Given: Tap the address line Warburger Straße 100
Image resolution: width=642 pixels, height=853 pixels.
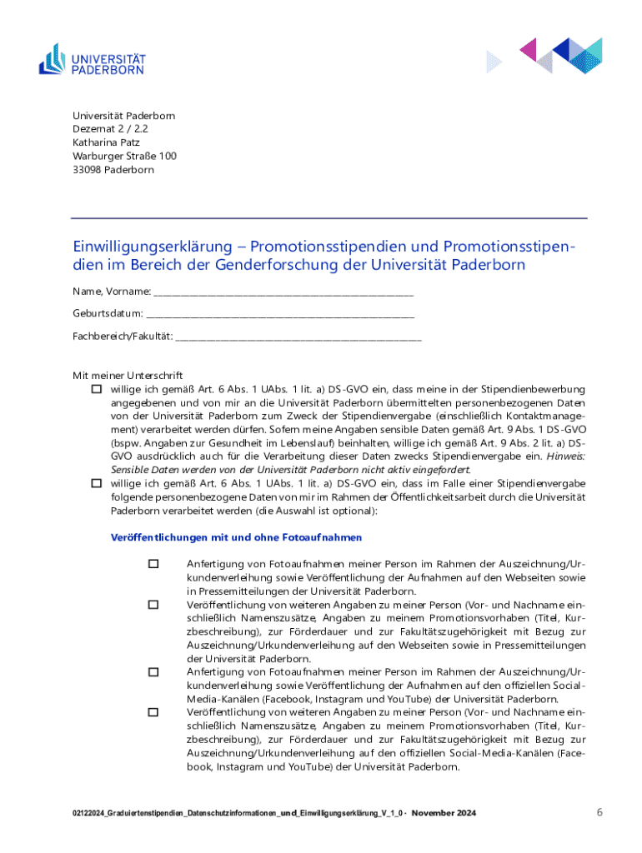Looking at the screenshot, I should click(x=124, y=156).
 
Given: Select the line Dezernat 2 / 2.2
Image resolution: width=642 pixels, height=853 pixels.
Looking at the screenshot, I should click(x=104, y=129).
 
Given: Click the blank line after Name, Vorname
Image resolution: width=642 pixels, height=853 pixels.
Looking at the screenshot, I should click(x=283, y=292).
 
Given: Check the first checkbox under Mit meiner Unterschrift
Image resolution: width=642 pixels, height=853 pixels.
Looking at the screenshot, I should click(x=97, y=389).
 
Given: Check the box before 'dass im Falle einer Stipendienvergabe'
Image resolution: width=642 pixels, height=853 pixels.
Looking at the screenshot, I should click(x=97, y=483).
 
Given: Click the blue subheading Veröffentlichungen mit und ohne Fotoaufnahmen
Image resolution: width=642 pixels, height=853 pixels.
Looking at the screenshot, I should click(x=236, y=538).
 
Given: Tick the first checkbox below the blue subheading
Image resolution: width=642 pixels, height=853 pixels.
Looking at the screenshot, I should click(x=153, y=564).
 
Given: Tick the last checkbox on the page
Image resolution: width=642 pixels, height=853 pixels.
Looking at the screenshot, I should click(x=153, y=712).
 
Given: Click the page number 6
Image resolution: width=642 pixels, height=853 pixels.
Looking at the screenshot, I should click(x=599, y=811).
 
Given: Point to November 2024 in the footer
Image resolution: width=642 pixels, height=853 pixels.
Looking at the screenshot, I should click(x=444, y=813).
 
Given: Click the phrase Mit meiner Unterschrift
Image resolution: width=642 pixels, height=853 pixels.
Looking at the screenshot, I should click(x=127, y=376).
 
